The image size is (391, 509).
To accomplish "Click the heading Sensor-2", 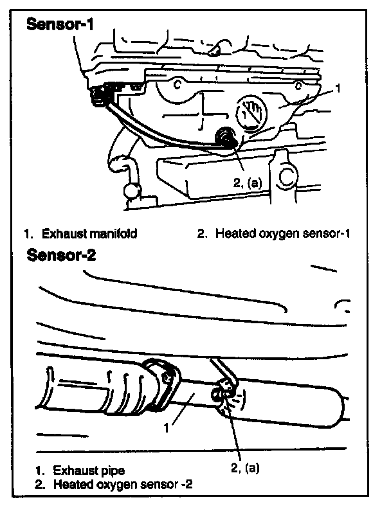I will pos(62,256).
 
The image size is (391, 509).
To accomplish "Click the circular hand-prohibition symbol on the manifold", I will pos(252,112).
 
